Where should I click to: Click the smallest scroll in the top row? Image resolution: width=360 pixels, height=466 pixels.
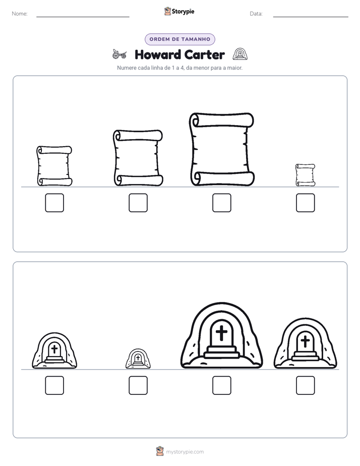(x=306, y=175)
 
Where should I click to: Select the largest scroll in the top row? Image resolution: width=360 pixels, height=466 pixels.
(x=221, y=149)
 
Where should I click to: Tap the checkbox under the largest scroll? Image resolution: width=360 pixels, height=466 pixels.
(x=221, y=203)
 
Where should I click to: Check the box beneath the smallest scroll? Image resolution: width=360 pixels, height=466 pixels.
(x=306, y=203)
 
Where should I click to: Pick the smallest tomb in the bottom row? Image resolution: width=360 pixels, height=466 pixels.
(x=138, y=359)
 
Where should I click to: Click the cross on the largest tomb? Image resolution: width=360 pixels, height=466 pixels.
(x=221, y=332)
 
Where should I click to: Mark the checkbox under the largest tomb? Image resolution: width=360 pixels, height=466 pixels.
(x=221, y=385)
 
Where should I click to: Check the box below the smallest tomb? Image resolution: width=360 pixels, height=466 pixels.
(x=138, y=385)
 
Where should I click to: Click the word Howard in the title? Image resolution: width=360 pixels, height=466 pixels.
(x=158, y=54)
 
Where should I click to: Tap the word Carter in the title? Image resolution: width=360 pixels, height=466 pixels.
(x=204, y=54)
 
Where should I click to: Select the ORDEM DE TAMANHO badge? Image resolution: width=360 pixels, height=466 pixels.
(x=180, y=39)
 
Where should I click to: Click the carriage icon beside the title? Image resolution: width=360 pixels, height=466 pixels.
(x=119, y=54)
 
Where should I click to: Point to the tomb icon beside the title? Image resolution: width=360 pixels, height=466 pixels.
(x=240, y=54)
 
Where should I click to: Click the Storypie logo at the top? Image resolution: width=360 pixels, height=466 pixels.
(x=179, y=12)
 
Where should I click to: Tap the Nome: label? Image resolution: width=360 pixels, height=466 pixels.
(x=20, y=14)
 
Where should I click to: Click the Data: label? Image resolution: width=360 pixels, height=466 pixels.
(x=256, y=14)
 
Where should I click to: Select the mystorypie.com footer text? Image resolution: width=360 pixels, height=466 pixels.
(x=185, y=452)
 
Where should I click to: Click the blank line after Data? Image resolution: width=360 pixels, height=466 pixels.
(x=311, y=17)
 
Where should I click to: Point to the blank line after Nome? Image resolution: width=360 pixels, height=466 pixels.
(x=83, y=17)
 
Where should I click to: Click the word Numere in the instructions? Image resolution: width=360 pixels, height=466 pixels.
(x=127, y=68)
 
